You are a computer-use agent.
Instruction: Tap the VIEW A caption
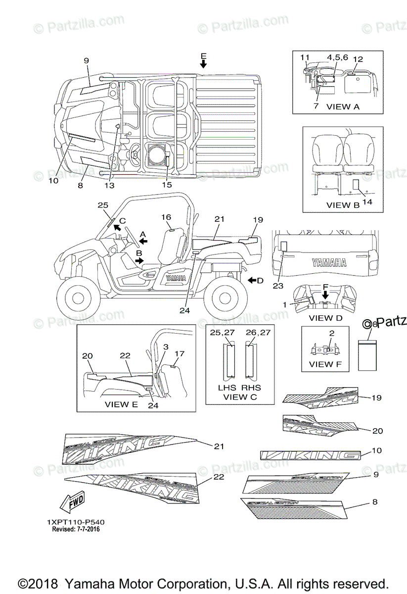[x=343, y=106]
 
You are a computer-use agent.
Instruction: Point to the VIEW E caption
[x=121, y=404]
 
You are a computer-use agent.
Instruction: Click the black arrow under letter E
[x=203, y=64]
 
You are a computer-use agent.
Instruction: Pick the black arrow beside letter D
[x=253, y=281]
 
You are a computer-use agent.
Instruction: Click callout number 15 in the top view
[x=167, y=185]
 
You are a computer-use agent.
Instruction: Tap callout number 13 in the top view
[x=109, y=185]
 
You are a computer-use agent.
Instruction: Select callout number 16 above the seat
[x=166, y=217]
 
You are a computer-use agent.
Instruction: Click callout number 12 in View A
[x=358, y=59]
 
